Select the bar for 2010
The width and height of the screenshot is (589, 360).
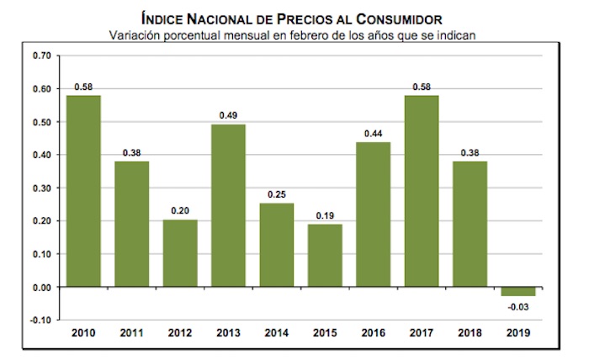[83, 191]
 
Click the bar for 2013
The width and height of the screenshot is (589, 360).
[228, 205]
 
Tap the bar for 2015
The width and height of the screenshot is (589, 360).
[325, 255]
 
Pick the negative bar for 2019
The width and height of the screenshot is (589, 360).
[518, 291]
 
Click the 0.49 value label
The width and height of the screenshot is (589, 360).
[228, 116]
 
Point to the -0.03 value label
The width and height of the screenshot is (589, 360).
[518, 306]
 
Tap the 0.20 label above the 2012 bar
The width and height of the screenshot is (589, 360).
[180, 211]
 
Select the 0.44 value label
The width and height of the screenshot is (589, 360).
[373, 133]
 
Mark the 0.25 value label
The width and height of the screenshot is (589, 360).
[277, 194]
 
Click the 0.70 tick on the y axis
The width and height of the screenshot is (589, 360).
[41, 56]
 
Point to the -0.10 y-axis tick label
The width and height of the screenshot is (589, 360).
[40, 320]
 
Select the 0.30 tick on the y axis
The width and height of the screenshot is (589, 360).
[41, 188]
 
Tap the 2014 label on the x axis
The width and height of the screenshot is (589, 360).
[277, 334]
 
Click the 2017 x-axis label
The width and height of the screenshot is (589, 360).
[422, 334]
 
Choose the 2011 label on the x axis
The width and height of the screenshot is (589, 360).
[132, 334]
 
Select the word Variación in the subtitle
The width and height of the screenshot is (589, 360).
[135, 34]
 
